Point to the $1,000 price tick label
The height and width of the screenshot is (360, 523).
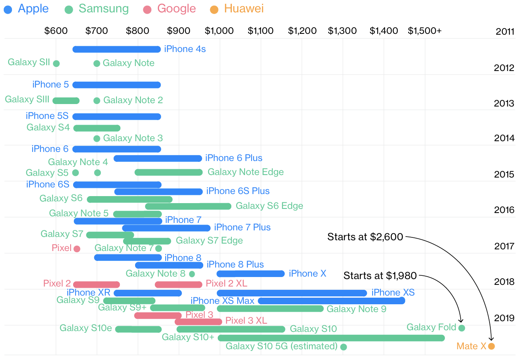click(219, 31)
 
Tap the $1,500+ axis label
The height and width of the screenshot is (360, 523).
click(425, 31)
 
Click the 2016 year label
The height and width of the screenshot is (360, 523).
click(504, 210)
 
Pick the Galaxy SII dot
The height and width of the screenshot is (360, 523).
click(56, 64)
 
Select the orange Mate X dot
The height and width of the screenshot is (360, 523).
click(491, 346)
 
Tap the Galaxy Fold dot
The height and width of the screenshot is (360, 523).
click(462, 328)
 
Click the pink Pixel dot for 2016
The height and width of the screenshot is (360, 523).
click(77, 249)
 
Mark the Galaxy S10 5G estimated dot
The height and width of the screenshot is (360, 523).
click(344, 347)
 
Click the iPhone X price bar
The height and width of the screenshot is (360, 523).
click(251, 274)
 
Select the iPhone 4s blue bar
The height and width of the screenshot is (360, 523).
click(116, 50)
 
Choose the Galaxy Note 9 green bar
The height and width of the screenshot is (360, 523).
click(270, 309)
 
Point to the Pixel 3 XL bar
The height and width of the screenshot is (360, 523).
click(198, 322)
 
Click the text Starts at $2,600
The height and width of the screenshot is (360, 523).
click(365, 237)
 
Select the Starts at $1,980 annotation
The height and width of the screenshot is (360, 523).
click(380, 275)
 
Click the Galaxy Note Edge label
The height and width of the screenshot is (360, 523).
click(245, 172)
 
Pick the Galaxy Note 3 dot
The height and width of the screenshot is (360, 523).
click(97, 138)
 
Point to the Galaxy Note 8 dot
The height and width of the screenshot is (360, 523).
click(192, 274)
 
